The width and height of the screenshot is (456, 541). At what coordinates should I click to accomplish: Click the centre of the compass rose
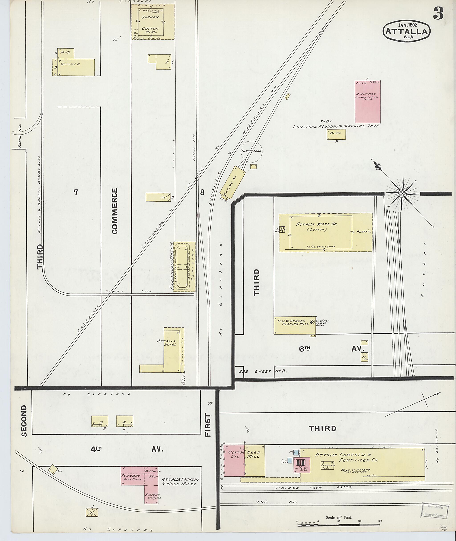(x=402, y=193)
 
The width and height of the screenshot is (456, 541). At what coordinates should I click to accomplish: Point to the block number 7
(x=75, y=192)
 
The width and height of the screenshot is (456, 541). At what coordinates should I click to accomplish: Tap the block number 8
(x=202, y=192)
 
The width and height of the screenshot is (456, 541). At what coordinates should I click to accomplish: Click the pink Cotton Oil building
(x=234, y=461)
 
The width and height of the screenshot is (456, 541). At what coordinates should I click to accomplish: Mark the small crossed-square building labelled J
(x=92, y=512)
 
